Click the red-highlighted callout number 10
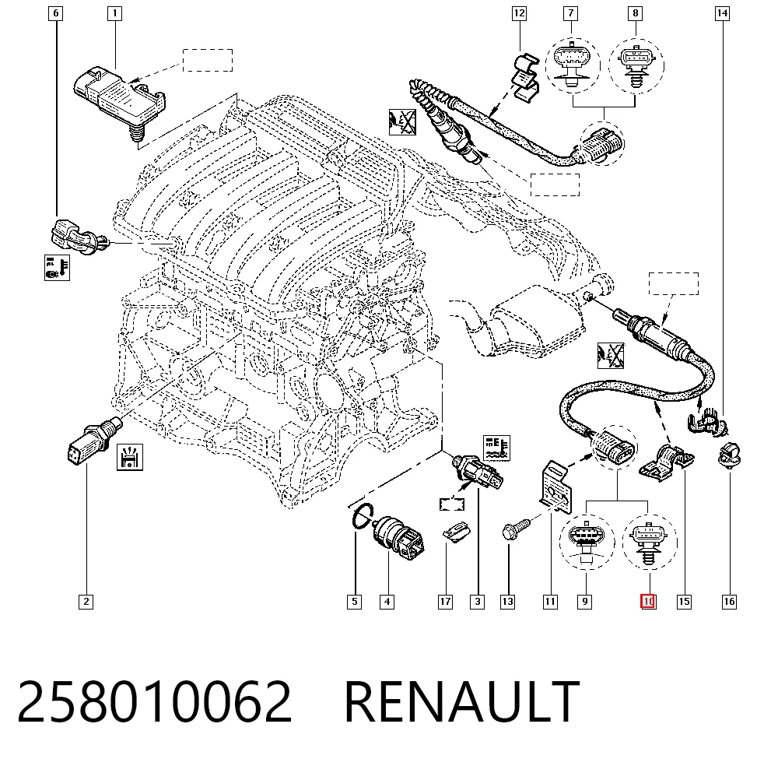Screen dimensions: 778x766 (x=648, y=601)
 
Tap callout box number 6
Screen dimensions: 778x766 (x=55, y=13)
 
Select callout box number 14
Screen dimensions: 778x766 (x=722, y=13)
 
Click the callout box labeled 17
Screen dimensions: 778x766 (x=445, y=602)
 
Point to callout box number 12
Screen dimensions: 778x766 (x=519, y=13)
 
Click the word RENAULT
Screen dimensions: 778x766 (x=462, y=701)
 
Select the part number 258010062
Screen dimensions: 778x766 (x=154, y=701)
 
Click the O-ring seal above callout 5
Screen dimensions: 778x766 (x=363, y=517)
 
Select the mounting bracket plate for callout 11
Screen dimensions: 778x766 (x=555, y=487)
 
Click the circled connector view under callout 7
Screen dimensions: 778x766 (x=573, y=65)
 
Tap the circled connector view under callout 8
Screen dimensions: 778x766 (x=636, y=65)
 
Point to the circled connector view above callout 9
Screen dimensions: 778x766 (x=587, y=542)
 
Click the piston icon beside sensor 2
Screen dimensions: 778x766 (x=130, y=457)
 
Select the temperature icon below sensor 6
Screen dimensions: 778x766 (x=57, y=268)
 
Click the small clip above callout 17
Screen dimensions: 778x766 (x=455, y=532)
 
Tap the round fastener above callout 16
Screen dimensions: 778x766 (x=729, y=454)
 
